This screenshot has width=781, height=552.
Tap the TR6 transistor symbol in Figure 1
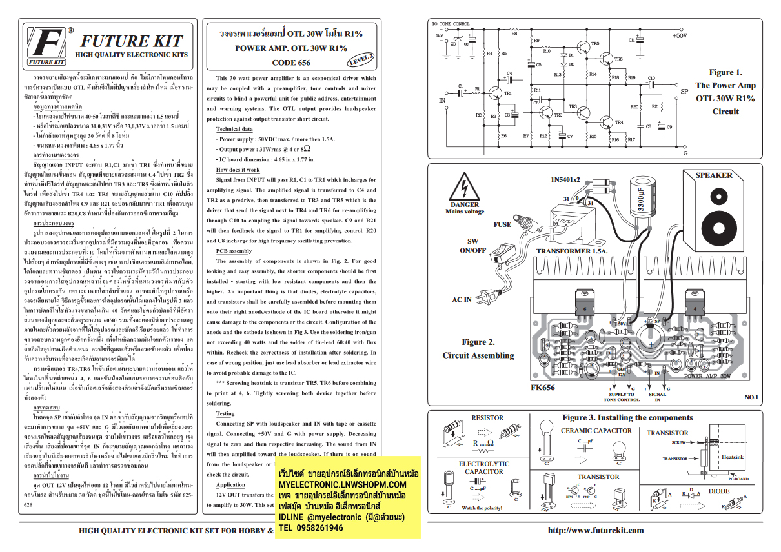click(x=606, y=59)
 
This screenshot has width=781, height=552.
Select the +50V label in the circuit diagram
click(x=679, y=36)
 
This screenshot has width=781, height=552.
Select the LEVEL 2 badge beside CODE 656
click(x=361, y=59)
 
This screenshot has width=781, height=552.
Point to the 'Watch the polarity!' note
click(x=482, y=508)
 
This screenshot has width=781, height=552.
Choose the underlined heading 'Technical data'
click(x=234, y=129)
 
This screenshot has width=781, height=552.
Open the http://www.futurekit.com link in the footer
click(x=595, y=531)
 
